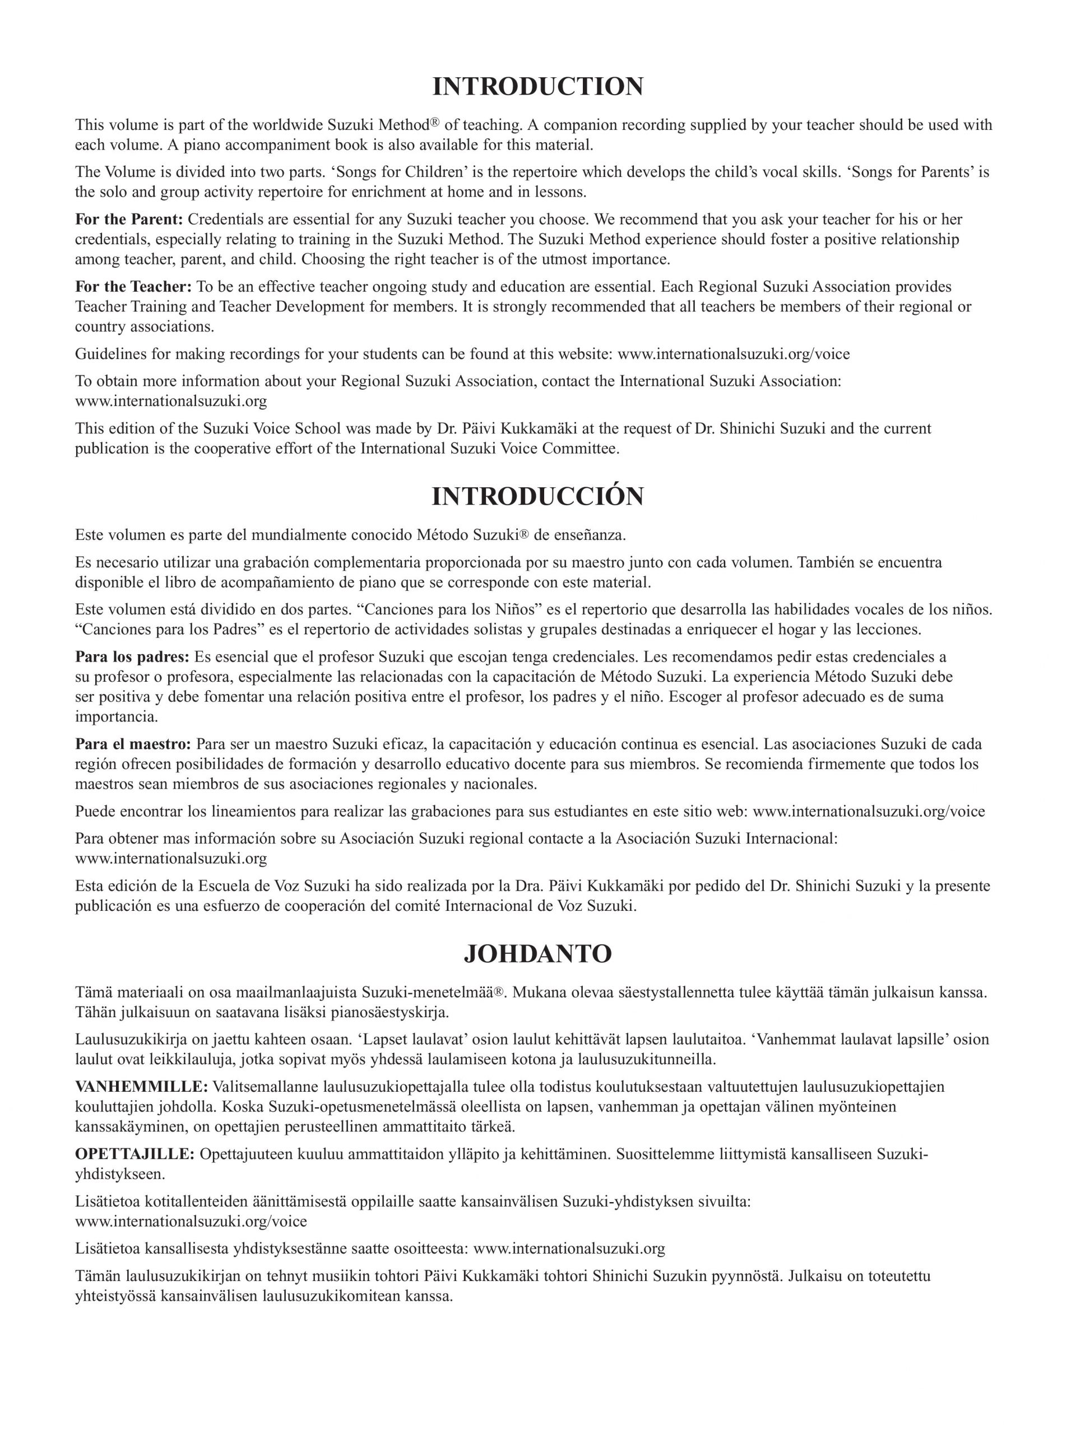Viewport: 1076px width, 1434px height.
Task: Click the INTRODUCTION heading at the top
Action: pyautogui.click(x=537, y=87)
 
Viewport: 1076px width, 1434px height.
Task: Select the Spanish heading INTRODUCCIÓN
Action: pyautogui.click(x=537, y=497)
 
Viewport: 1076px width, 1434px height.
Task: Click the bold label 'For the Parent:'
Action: pyautogui.click(x=129, y=219)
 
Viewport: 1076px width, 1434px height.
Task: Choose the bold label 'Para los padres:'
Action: pyautogui.click(x=132, y=657)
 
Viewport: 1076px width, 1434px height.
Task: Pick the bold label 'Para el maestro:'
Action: pyautogui.click(x=133, y=743)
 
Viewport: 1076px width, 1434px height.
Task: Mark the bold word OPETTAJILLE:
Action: pyautogui.click(x=135, y=1154)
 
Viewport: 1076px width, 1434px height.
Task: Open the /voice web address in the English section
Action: pyautogui.click(x=734, y=354)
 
